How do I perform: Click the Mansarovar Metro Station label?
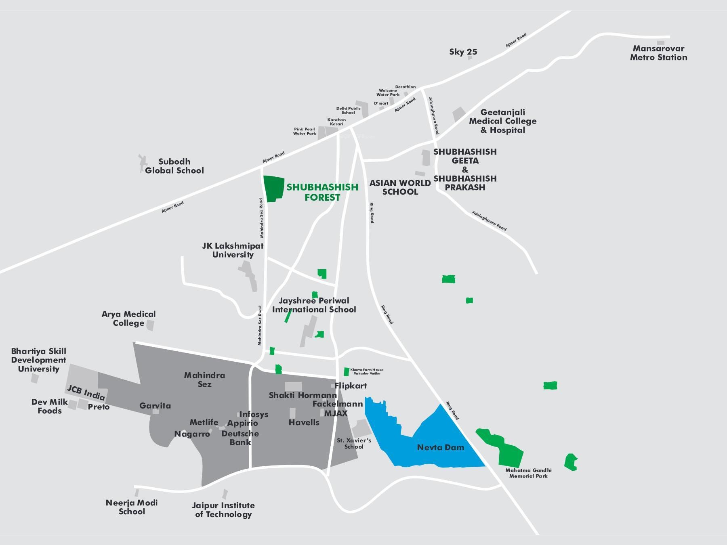[659, 53]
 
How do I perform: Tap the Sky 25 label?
[463, 52]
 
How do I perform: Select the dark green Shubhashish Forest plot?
[273, 189]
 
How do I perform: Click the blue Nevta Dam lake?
[424, 436]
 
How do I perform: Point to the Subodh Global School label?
[174, 166]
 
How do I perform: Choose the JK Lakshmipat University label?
[233, 250]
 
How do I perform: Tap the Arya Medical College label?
[128, 319]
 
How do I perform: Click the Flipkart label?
[351, 386]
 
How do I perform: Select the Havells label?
[304, 422]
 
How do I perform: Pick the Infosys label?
[254, 414]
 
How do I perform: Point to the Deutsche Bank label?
[240, 438]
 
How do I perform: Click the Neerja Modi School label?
[132, 507]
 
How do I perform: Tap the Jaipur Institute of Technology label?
[223, 510]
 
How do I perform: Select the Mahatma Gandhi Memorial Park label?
[528, 473]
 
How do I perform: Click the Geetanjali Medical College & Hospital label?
[503, 121]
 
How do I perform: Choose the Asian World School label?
[400, 187]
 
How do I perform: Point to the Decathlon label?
[406, 87]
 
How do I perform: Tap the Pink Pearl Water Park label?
[305, 131]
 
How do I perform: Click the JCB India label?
[86, 392]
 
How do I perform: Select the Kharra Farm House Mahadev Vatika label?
[367, 371]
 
